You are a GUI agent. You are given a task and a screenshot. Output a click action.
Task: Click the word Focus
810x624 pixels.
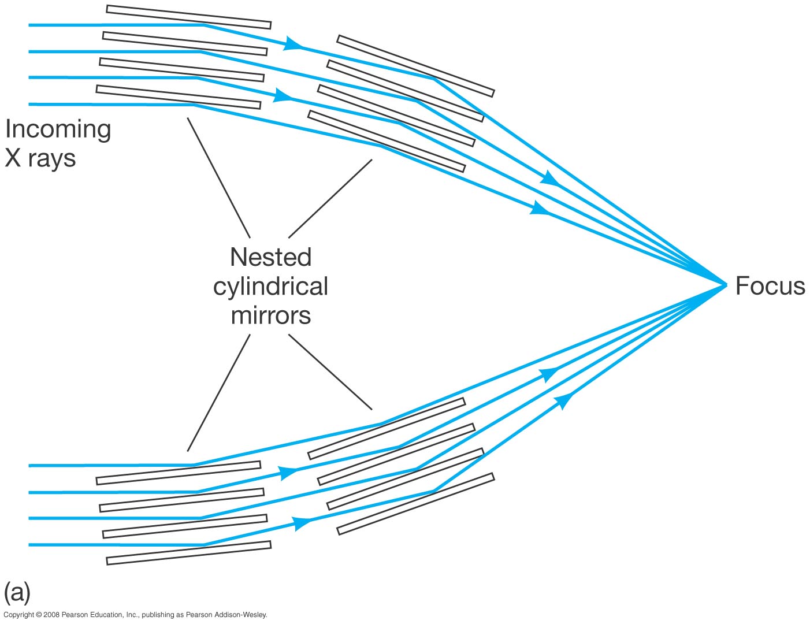point(770,286)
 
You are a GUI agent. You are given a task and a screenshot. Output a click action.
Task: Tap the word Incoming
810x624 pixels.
point(58,129)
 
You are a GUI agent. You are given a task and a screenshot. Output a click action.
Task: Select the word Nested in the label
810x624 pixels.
point(270,257)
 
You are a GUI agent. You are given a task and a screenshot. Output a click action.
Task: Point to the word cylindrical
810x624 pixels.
point(270,287)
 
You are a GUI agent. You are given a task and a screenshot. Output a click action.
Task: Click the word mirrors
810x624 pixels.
point(270,315)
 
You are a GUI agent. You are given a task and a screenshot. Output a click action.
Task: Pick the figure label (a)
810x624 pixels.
point(17,592)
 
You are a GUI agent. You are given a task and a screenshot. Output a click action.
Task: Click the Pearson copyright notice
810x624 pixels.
point(135,615)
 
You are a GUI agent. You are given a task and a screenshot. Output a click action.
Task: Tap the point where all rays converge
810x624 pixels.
point(726,284)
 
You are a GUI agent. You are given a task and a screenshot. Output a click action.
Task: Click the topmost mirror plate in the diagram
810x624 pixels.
point(189,17)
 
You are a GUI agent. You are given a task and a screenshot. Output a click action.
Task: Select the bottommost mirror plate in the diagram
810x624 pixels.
point(189,553)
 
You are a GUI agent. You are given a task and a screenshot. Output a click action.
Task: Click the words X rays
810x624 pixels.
point(40,158)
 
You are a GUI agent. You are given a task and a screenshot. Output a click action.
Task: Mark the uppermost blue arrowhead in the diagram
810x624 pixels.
point(294,44)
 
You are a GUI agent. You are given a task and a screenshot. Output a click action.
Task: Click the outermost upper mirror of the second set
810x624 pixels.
point(415,66)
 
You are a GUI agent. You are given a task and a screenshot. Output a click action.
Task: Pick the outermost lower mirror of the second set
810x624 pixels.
point(415,504)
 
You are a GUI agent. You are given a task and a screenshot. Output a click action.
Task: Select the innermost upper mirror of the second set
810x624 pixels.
point(387,141)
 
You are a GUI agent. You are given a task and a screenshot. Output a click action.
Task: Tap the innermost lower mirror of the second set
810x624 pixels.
point(387,428)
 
